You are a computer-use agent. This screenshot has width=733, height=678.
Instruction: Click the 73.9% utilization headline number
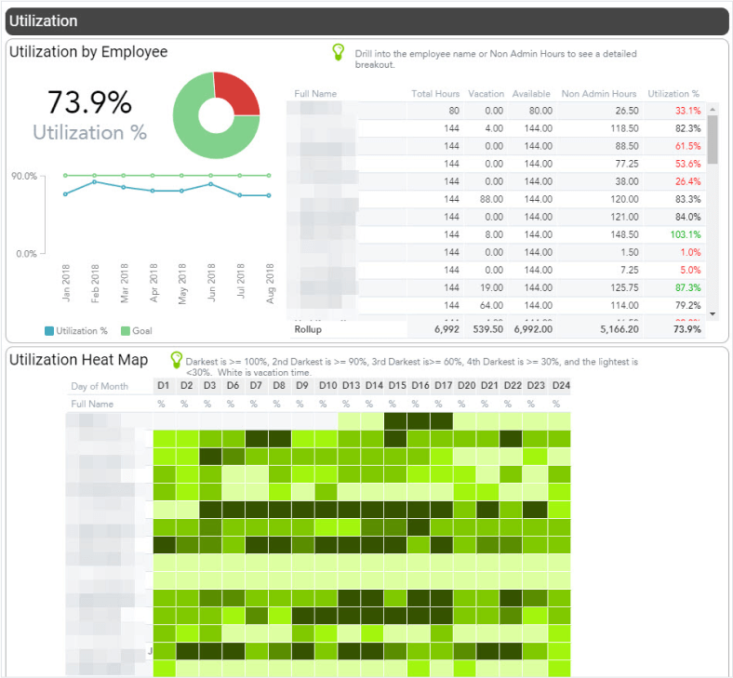coord(89,102)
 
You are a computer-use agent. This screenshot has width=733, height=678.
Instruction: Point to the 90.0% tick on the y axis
coord(23,176)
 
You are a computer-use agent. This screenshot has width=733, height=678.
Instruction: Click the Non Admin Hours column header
coord(599,94)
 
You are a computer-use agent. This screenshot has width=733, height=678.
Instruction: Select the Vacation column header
coord(486,94)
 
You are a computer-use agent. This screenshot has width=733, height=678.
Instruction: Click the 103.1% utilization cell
coord(688,234)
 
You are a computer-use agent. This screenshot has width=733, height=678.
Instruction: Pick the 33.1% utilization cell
coord(688,111)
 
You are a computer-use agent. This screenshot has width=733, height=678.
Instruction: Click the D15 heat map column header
coord(397,386)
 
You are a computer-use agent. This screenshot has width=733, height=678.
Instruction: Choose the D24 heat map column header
coord(559,386)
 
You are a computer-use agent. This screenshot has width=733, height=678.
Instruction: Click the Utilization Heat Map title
coord(78,360)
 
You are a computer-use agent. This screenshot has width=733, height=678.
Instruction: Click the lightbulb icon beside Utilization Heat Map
coord(175,360)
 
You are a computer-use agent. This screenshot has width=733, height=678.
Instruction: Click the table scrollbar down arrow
coord(713,314)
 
